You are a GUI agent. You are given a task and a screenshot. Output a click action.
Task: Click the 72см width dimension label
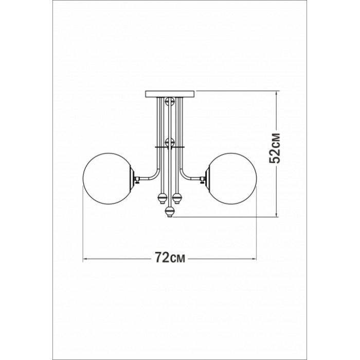170,257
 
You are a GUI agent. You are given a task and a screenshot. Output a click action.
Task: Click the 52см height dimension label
275,148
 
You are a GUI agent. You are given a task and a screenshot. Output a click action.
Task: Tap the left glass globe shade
107,178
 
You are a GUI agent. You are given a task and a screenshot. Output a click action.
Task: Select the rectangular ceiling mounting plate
170,94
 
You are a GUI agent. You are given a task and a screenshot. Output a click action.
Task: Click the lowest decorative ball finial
170,211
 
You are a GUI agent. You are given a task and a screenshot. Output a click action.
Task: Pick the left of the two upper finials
161,198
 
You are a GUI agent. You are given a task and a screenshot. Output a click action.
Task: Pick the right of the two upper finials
177,198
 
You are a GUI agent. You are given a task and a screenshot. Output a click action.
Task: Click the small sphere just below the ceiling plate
170,101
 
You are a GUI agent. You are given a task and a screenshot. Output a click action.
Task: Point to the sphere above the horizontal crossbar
170,142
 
